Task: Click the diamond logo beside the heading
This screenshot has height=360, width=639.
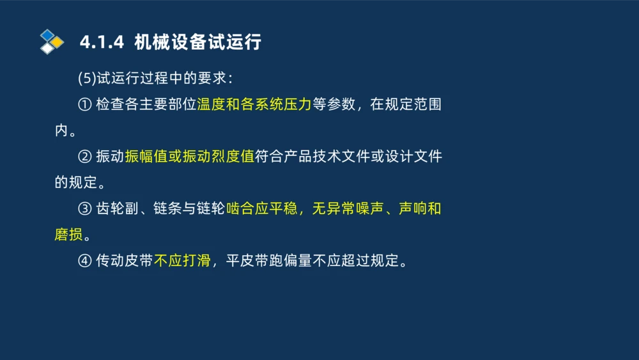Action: coord(51,42)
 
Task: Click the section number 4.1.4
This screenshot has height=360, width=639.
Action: coord(101,43)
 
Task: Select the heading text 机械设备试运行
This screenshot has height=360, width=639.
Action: coord(198,43)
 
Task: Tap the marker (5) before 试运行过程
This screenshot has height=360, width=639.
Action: coord(86,78)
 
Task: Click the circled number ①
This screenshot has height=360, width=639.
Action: coord(84,104)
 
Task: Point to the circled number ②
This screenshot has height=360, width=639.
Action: coord(84,157)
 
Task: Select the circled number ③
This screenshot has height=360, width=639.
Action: coord(84,209)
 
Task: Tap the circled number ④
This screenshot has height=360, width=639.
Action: coord(84,262)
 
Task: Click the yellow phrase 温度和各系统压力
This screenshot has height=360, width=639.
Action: coord(254,104)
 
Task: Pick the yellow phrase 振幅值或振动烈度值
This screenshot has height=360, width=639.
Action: coord(190,157)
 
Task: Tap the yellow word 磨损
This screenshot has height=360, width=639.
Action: coord(68,235)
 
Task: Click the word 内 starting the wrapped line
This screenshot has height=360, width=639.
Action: coord(61,130)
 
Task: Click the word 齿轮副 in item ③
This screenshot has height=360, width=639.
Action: coord(116,209)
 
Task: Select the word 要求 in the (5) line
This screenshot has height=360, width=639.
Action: coord(210,78)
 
